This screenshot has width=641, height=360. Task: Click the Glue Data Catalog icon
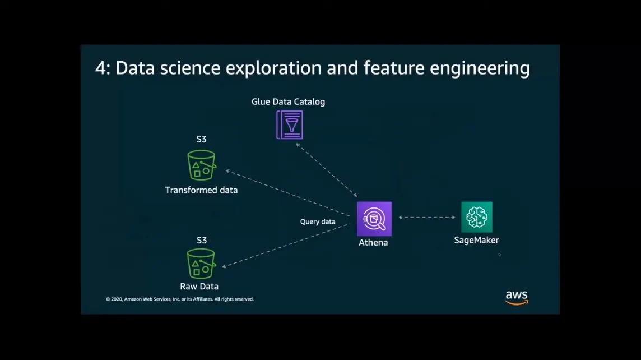(290, 124)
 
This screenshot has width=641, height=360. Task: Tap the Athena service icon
(374, 219)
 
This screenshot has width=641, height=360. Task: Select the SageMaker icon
(477, 217)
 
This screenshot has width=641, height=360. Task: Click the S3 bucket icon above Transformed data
(201, 165)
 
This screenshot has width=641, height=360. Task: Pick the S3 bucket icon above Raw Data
(201, 264)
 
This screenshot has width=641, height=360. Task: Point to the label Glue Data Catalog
(288, 101)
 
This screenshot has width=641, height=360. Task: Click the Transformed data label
(201, 190)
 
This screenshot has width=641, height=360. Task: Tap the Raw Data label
(199, 287)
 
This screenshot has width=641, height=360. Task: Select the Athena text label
(373, 243)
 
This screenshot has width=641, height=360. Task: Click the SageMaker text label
(476, 240)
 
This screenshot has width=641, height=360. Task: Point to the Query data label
(318, 221)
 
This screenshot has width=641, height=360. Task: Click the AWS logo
(516, 297)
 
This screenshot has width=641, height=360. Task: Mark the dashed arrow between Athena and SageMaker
(427, 217)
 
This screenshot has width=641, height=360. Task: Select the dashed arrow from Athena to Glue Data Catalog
(327, 169)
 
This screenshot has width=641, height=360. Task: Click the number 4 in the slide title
(101, 68)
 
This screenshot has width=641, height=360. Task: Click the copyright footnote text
(180, 299)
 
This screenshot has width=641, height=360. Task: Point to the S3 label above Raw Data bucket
(201, 240)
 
